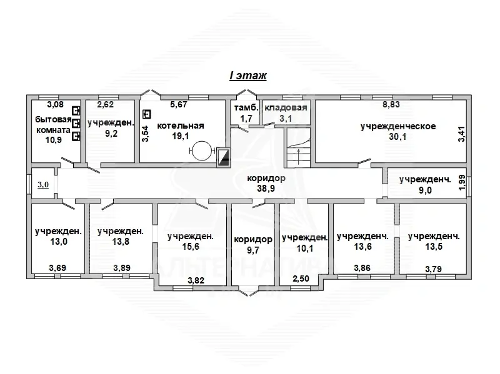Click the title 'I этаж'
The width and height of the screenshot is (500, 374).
(x=247, y=76)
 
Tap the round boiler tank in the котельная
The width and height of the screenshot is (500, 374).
(x=201, y=150)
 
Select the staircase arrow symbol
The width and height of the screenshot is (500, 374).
(x=299, y=157)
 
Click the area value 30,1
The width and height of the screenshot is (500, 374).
(x=397, y=136)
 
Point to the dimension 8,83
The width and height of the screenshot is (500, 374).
(x=391, y=104)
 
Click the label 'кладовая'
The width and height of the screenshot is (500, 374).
(x=286, y=107)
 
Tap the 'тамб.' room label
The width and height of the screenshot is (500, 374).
(x=246, y=107)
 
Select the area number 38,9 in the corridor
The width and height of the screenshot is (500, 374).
(x=266, y=189)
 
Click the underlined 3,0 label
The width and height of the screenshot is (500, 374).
(x=43, y=184)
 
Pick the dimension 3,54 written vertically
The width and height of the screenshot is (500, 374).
(x=145, y=134)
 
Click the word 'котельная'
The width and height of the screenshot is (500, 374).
(x=181, y=125)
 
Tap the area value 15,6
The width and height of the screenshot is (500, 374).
(x=191, y=246)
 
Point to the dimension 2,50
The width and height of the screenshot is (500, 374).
(x=301, y=278)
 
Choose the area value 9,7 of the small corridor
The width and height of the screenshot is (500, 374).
(x=253, y=250)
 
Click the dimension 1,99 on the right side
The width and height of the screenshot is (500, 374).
(x=462, y=182)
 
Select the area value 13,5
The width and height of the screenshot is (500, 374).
(x=434, y=246)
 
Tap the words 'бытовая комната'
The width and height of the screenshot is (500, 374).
(x=53, y=125)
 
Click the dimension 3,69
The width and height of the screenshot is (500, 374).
(x=57, y=268)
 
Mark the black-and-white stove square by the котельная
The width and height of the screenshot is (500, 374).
(x=223, y=157)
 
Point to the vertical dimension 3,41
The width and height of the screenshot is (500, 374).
(x=461, y=134)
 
